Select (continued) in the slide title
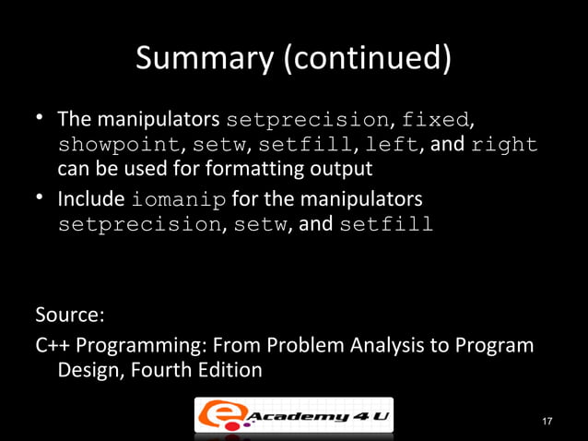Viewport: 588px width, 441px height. pos(366,59)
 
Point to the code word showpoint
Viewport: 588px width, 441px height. pos(119,146)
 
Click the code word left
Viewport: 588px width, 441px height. pos(392,146)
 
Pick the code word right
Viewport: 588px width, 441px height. pos(504,146)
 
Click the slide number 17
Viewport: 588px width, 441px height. pos(547,422)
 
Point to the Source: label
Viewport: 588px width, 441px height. pos(70,315)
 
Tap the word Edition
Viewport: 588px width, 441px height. pos(230,370)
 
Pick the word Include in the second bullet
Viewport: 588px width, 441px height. pos(92,199)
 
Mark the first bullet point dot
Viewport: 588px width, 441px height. pos(41,120)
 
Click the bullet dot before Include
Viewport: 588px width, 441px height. pos(41,199)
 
